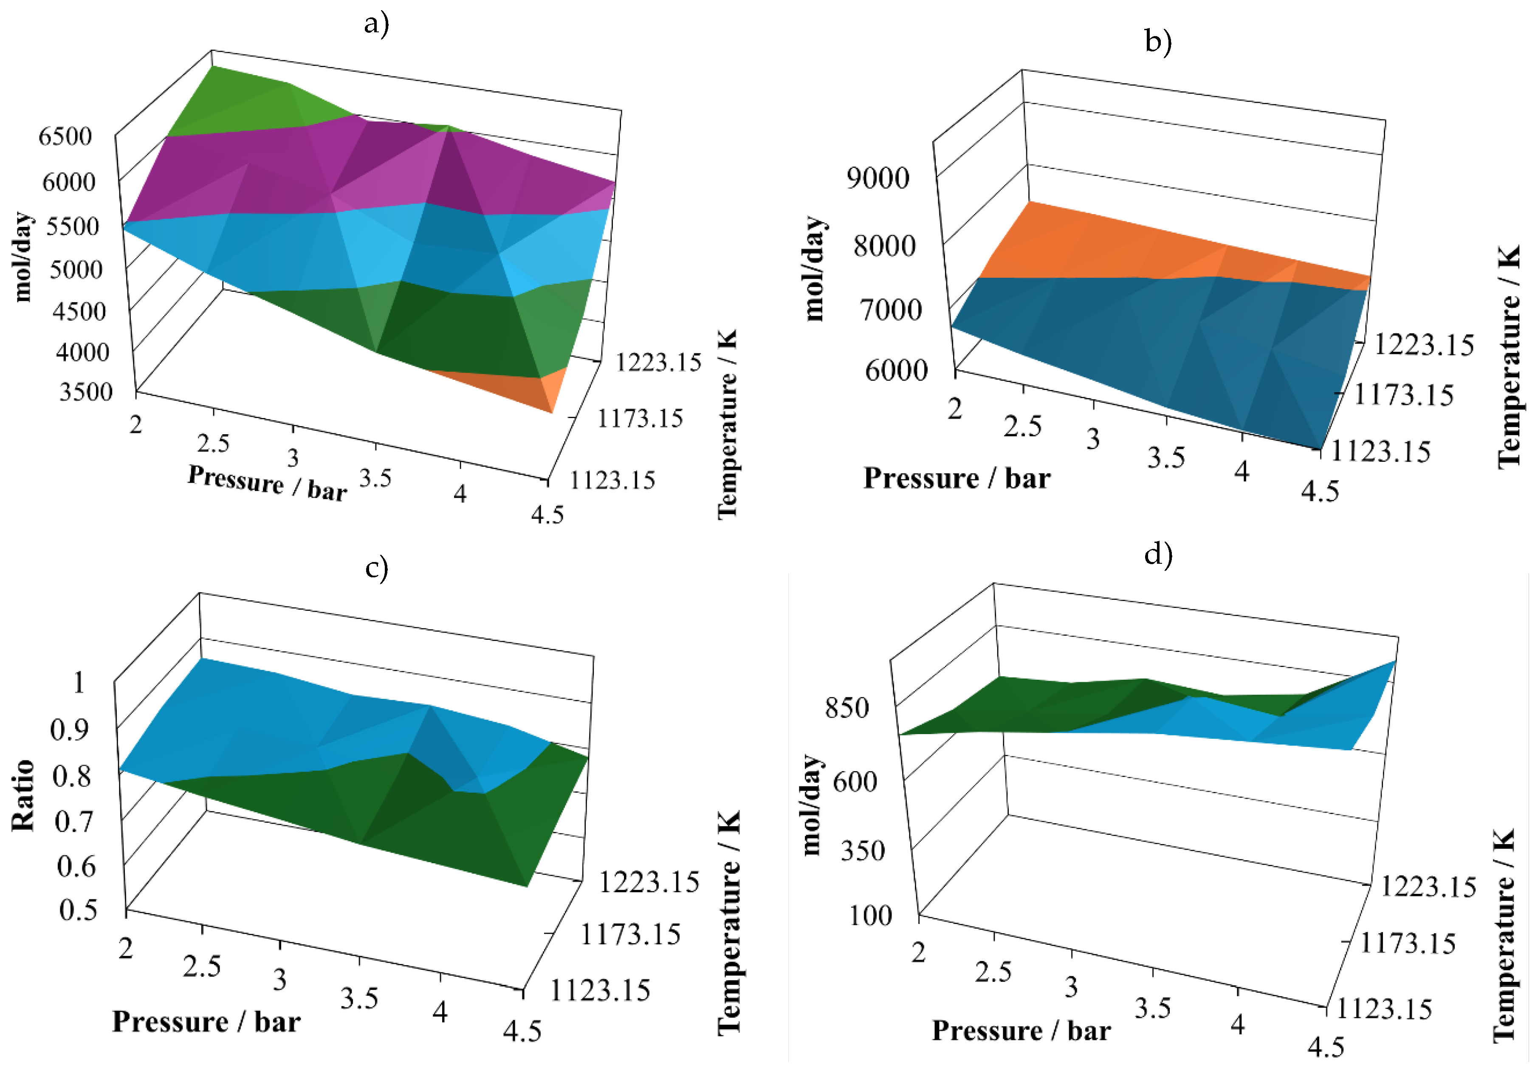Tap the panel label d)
point(1159,554)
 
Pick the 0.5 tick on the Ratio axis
point(78,910)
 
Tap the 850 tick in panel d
point(847,708)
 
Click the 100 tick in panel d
point(870,915)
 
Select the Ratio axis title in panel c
point(23,795)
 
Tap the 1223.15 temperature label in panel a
point(658,362)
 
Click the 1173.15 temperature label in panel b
point(1403,395)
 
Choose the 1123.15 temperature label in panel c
point(600,990)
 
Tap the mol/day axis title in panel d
point(811,806)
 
